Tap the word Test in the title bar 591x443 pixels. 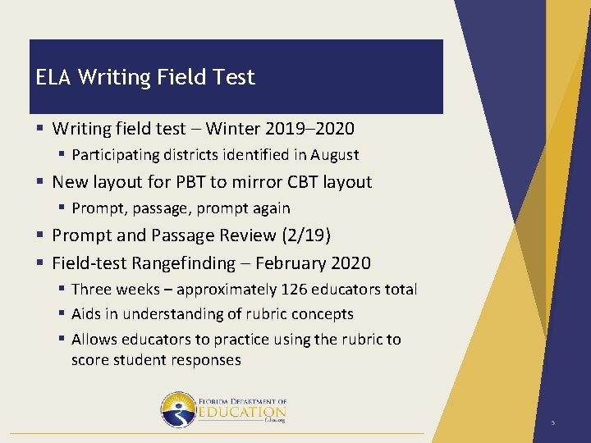point(236,77)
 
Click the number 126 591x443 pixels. point(295,290)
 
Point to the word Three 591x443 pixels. point(91,290)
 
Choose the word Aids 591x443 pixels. point(86,314)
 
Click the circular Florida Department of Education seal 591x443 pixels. point(177,409)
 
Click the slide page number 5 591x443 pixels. point(553,423)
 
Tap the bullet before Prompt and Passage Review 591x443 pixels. point(40,236)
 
